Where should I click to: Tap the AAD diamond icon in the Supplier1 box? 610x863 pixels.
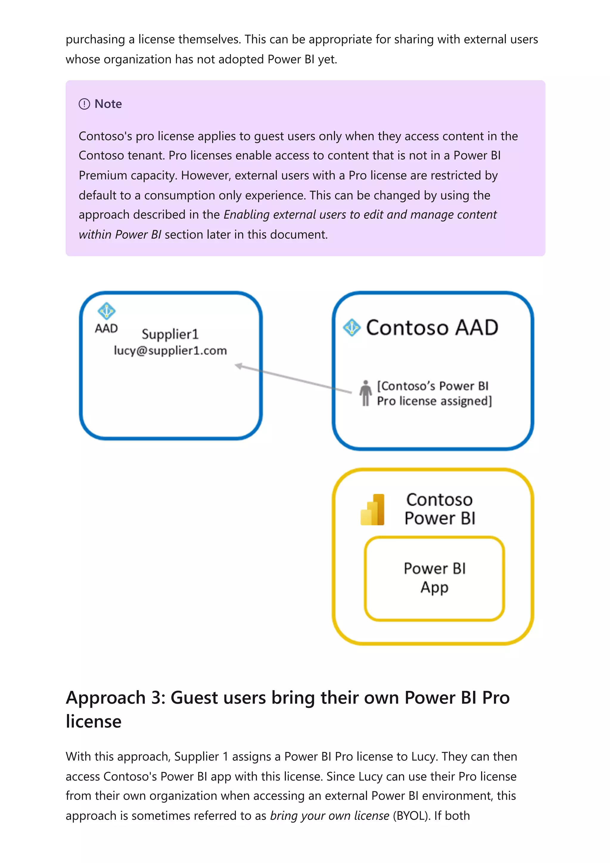pyautogui.click(x=106, y=311)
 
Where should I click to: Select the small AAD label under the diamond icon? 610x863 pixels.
pyautogui.click(x=106, y=328)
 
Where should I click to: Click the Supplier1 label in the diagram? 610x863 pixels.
pyautogui.click(x=170, y=334)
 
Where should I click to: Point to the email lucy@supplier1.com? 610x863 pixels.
pyautogui.click(x=170, y=351)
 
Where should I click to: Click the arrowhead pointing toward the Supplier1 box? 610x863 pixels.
pyautogui.click(x=239, y=366)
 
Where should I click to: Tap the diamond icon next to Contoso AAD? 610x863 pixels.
pyautogui.click(x=352, y=327)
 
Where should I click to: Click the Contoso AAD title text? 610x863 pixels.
pyautogui.click(x=432, y=327)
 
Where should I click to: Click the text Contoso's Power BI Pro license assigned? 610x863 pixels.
pyautogui.click(x=434, y=394)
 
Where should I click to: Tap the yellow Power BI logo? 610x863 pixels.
pyautogui.click(x=373, y=510)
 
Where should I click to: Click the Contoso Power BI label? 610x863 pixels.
pyautogui.click(x=440, y=509)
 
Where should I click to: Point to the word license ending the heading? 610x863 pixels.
pyautogui.click(x=94, y=721)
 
